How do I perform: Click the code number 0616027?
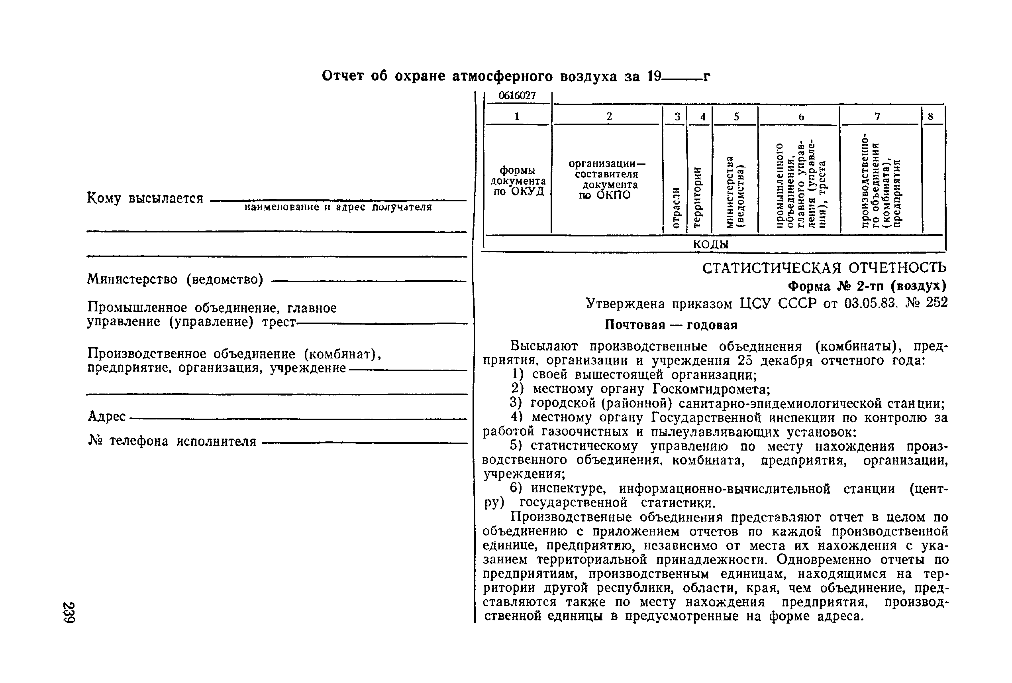517,96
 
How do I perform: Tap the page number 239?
70,612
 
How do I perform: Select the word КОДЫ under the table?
710,244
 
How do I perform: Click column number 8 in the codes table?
930,116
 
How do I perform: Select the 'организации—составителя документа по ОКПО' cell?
607,179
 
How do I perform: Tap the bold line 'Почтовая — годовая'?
671,325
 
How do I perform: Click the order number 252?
936,302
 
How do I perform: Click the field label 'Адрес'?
107,416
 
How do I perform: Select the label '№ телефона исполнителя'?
173,441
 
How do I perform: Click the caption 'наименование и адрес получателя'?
338,207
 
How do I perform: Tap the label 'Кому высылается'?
145,198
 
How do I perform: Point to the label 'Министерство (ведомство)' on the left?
175,279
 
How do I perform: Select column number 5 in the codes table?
736,116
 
